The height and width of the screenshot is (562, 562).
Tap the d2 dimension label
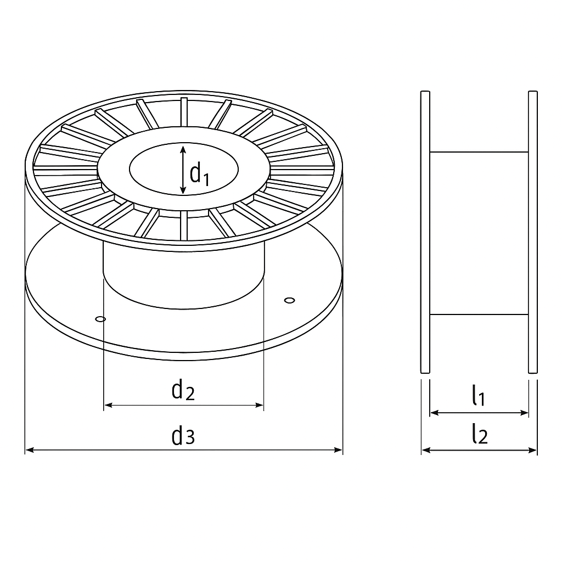tap(183, 390)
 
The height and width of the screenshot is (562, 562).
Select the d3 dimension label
tap(183, 436)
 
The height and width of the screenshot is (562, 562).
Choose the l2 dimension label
tap(480, 434)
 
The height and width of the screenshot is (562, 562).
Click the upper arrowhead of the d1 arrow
tap(183, 150)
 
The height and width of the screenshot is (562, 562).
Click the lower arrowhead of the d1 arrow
tap(183, 190)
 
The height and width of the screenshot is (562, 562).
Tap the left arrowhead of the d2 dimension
tap(108, 405)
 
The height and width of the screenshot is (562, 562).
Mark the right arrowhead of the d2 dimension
tap(259, 405)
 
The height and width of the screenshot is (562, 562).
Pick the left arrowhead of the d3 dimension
tap(30, 449)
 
